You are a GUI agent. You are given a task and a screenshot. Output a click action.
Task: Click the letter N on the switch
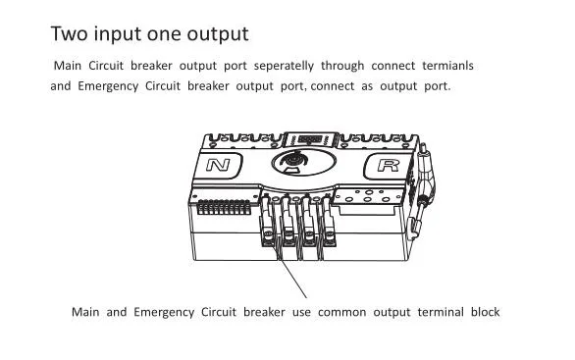(x=218, y=165)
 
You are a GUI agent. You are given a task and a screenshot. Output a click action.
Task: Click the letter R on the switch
(x=389, y=165)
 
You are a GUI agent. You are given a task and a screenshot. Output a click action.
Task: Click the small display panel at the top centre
(x=310, y=139)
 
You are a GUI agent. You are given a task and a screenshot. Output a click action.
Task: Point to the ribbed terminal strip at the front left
(x=224, y=207)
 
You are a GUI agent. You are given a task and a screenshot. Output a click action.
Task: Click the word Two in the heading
(x=69, y=33)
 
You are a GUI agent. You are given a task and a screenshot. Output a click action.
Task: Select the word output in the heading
(x=218, y=35)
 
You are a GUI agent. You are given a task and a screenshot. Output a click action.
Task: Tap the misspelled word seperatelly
(x=284, y=66)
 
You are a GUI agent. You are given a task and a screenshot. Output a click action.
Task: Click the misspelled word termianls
(x=447, y=66)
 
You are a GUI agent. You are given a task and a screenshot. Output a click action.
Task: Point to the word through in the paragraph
(x=342, y=66)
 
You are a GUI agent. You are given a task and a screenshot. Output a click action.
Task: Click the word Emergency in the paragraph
(x=108, y=86)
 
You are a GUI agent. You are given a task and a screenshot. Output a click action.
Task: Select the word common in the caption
(x=341, y=312)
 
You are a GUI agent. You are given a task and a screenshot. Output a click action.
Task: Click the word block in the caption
(x=485, y=312)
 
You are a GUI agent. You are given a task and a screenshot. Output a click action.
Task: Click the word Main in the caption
(x=85, y=312)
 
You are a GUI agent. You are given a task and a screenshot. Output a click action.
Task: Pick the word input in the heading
(x=118, y=35)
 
